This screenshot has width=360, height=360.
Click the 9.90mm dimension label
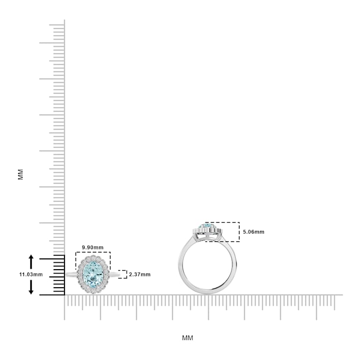coord(93,248)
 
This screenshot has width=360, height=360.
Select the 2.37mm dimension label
coord(140,275)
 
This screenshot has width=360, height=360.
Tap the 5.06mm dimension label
coord(254,232)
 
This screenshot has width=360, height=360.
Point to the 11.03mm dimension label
coord(31,275)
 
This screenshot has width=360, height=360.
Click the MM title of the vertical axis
coord(21,174)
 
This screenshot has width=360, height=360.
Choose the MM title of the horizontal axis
coord(188,338)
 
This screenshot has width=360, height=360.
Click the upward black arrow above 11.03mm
coord(31,262)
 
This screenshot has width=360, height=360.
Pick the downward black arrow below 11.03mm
coord(31,287)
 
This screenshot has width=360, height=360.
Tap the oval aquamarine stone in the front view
coord(93,275)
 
